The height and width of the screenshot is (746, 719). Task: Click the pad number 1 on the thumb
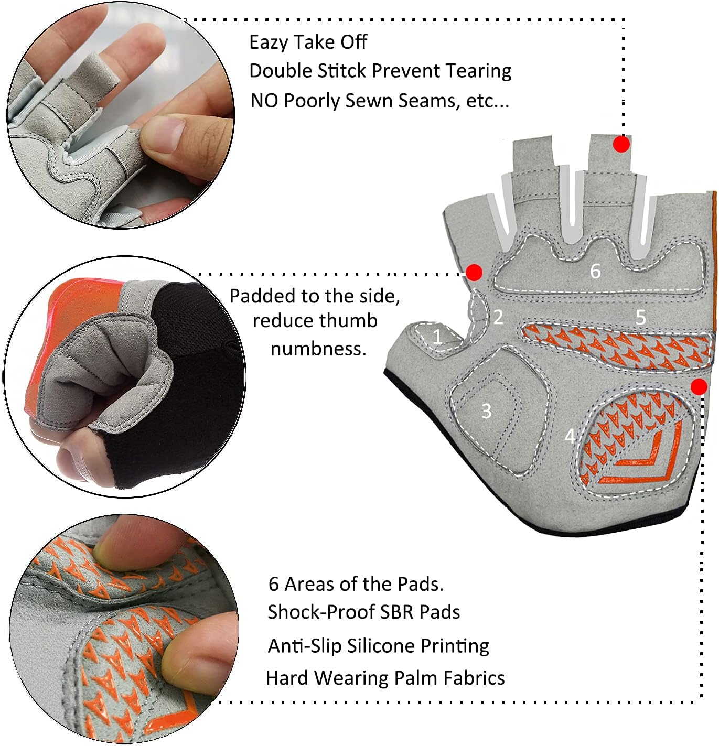437,337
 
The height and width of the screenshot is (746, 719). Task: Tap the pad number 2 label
498,317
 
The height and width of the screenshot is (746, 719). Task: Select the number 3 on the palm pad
486,412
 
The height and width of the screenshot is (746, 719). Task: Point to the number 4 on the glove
570,436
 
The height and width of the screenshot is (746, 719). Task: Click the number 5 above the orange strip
641,317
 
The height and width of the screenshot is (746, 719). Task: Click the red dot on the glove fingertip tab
621,145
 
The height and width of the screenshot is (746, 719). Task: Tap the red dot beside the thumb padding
474,273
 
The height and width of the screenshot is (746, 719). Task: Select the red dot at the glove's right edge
699,386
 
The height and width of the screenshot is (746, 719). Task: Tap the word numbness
318,349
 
